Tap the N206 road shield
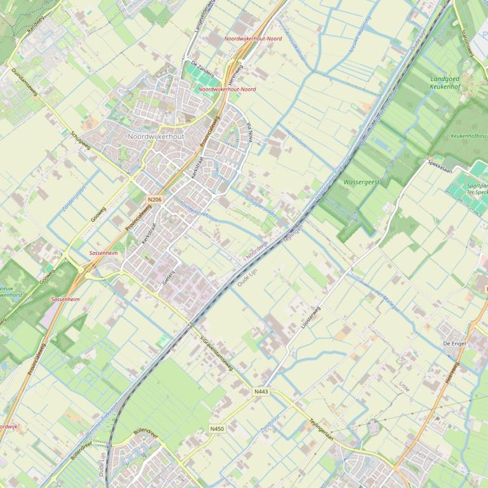coord(154,200)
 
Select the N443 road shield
coord(261,392)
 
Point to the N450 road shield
coord(217,429)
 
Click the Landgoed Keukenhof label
coord(449,82)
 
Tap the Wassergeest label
coord(361,182)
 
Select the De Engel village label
coord(454,343)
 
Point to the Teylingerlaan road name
coord(321,430)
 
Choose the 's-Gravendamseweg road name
coord(216,353)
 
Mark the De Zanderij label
coord(202,69)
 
